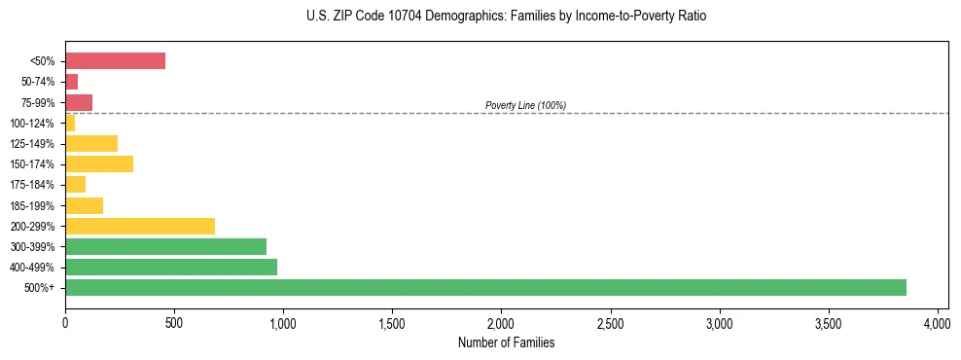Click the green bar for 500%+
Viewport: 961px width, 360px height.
point(485,287)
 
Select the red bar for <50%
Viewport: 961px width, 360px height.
point(115,60)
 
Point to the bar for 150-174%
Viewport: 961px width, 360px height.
point(99,163)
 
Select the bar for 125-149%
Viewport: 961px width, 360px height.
point(91,143)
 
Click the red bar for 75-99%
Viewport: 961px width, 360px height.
point(79,102)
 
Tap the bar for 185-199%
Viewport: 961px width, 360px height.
point(85,205)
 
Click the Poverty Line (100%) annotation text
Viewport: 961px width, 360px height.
point(525,105)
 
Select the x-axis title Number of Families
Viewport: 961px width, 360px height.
point(506,342)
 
